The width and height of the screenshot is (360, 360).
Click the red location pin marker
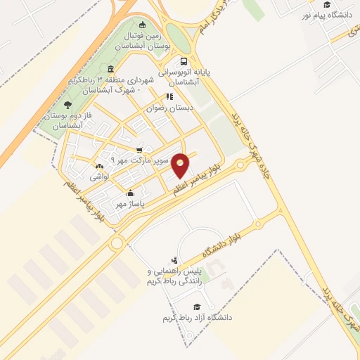(x=181, y=165)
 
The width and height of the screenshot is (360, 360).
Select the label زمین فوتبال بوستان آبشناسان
(x=143, y=39)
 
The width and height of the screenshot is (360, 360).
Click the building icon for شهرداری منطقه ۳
(x=111, y=68)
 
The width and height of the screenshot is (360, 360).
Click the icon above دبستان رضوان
(x=169, y=96)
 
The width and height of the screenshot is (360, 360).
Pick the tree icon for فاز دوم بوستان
(x=68, y=105)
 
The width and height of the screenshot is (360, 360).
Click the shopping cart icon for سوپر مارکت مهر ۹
(x=139, y=150)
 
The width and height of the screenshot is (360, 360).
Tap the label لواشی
(x=98, y=177)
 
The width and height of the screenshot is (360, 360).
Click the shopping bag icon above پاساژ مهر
(x=129, y=193)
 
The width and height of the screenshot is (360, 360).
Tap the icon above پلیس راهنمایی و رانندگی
(x=174, y=260)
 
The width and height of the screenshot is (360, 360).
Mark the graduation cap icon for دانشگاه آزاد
(x=197, y=307)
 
